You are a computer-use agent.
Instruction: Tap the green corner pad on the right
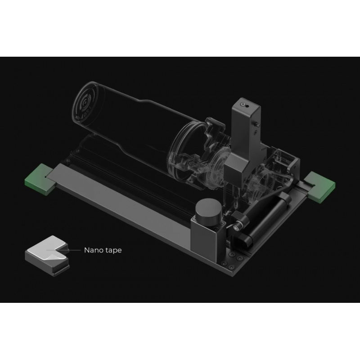320,184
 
